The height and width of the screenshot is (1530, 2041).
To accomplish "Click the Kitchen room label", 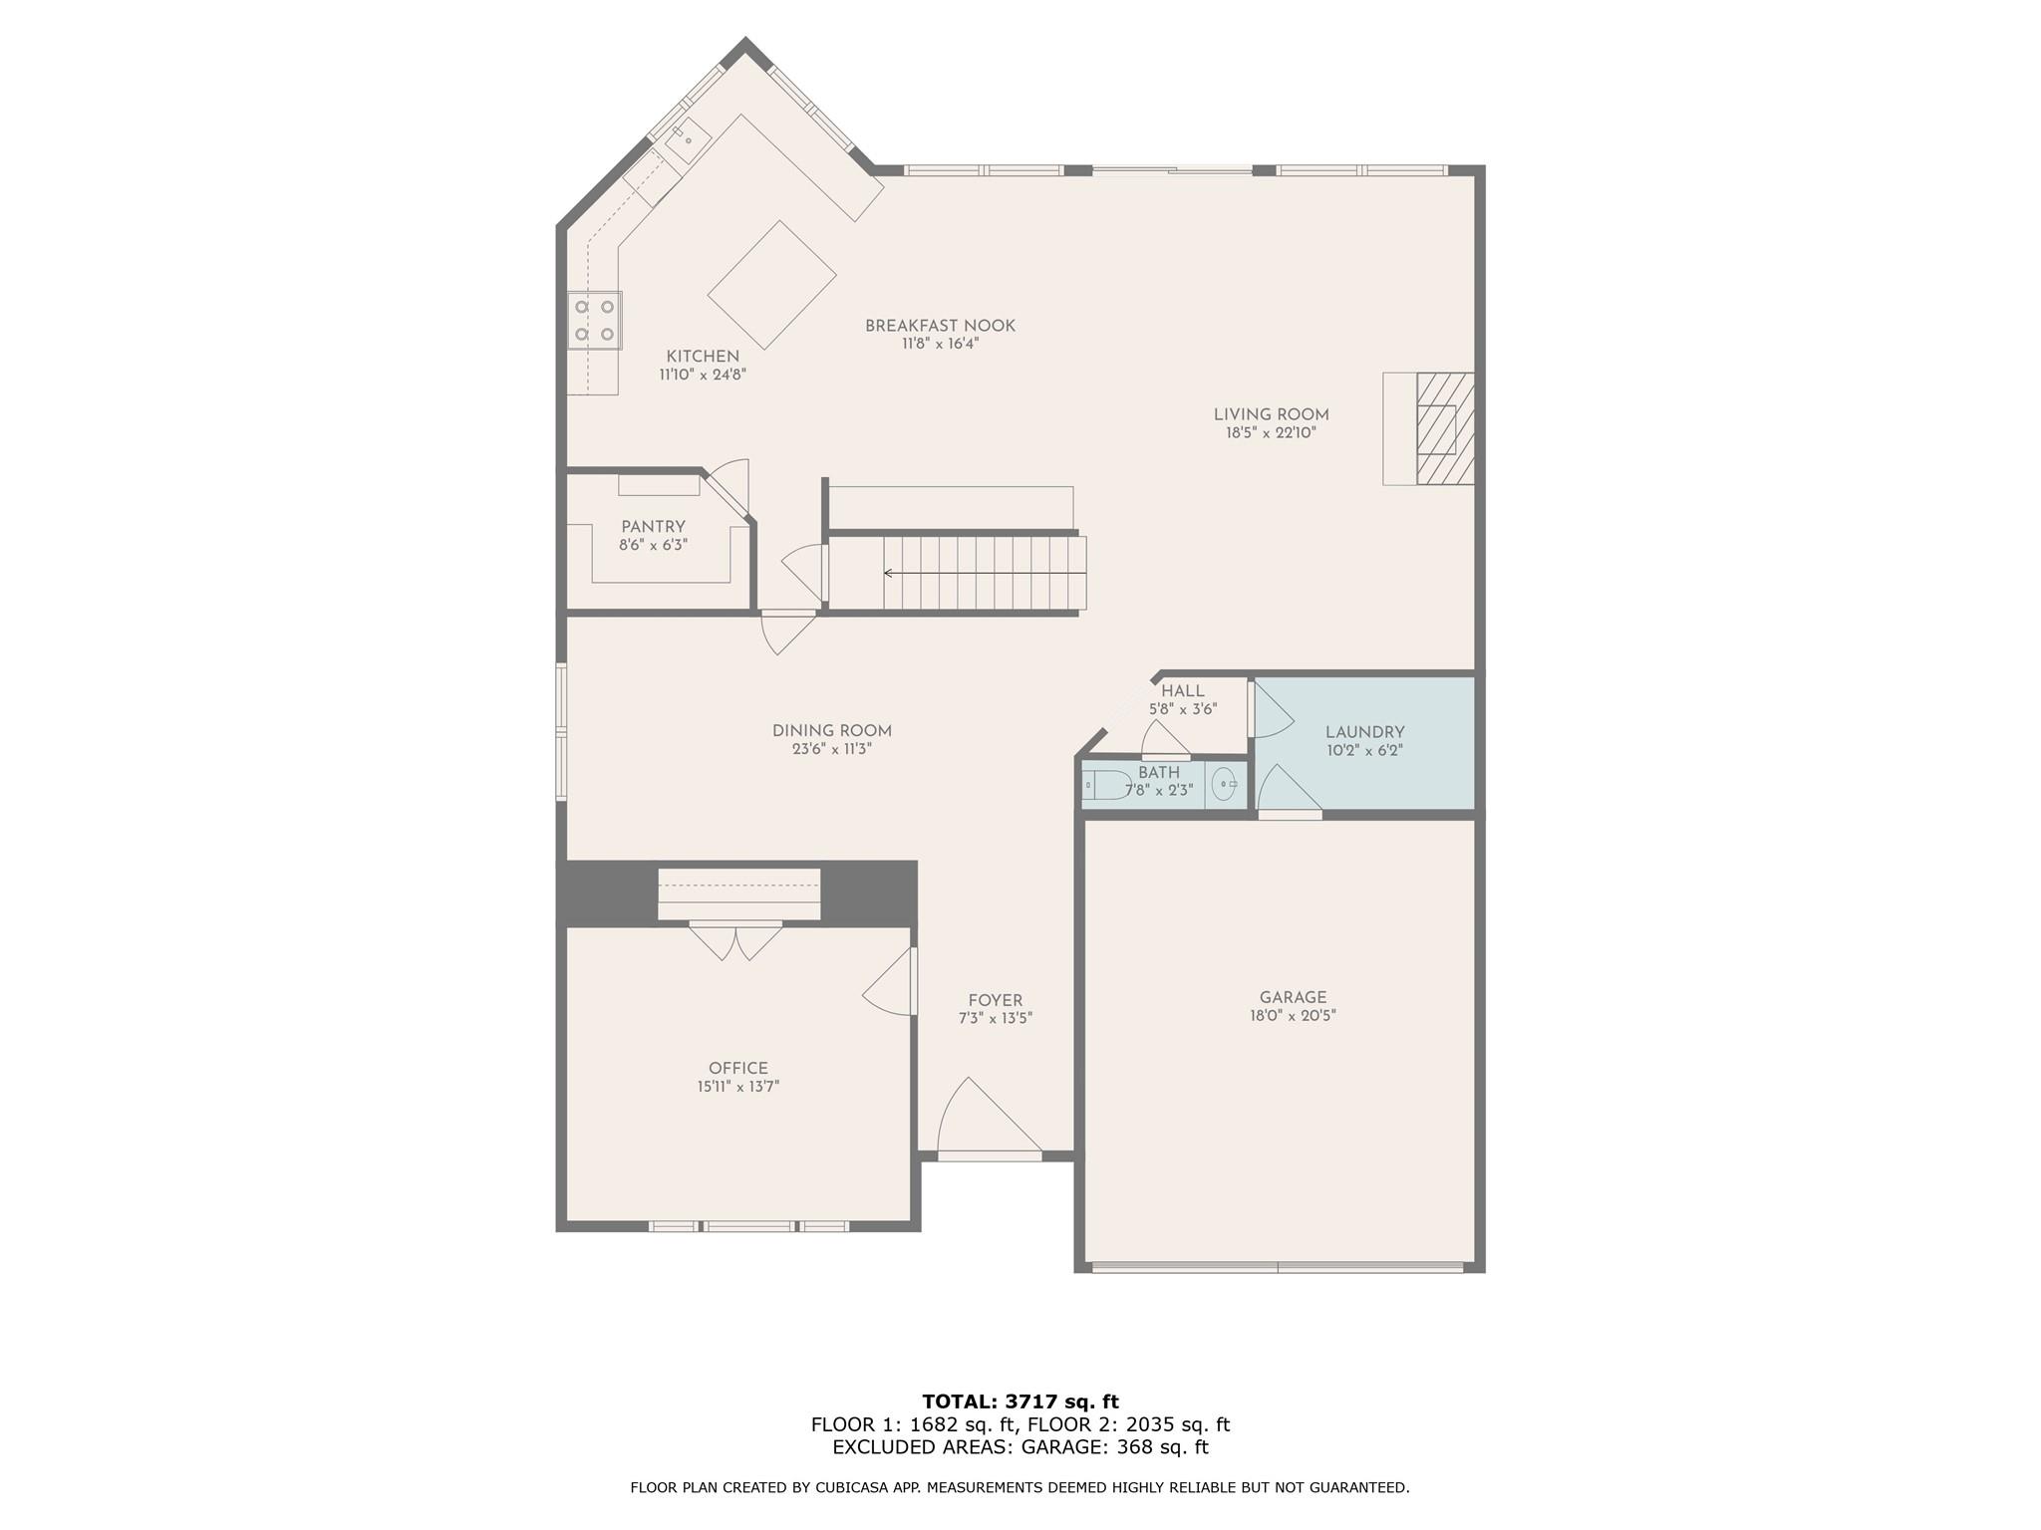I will pyautogui.click(x=703, y=357).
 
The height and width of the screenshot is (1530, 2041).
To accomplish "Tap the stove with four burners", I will pyautogui.click(x=594, y=320).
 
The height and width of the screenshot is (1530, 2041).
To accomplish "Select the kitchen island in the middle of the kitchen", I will pyautogui.click(x=771, y=285).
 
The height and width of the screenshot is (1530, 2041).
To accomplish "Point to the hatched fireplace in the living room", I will pyautogui.click(x=1444, y=428).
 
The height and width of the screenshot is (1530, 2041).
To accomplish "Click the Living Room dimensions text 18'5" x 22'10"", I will pyautogui.click(x=1271, y=433).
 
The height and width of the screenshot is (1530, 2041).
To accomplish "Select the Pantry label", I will pyautogui.click(x=653, y=527).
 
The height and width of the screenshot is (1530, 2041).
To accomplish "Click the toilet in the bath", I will pyautogui.click(x=1106, y=786).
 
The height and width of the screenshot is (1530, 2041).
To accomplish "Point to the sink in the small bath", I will pyautogui.click(x=1224, y=785).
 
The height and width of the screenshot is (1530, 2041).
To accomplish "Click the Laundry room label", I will pyautogui.click(x=1364, y=732).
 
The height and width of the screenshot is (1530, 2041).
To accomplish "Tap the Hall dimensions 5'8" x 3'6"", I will pyautogui.click(x=1183, y=709).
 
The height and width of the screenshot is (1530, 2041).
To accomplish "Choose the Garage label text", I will pyautogui.click(x=1293, y=997).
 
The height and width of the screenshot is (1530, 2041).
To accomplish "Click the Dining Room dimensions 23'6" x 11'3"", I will pyautogui.click(x=832, y=749).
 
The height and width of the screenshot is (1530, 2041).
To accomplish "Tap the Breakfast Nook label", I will pyautogui.click(x=940, y=326).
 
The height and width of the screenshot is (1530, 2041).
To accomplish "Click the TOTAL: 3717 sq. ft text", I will pyautogui.click(x=1020, y=1402).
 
